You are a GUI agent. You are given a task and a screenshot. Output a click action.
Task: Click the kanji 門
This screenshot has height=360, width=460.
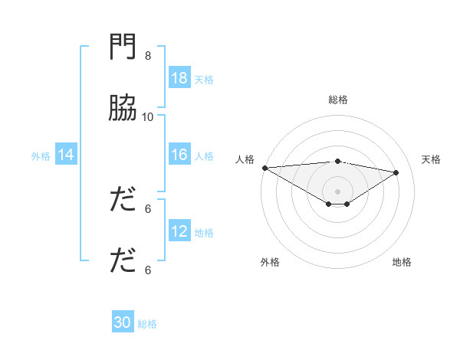point(123,47)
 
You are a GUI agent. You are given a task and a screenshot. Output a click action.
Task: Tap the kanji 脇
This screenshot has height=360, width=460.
point(123,109)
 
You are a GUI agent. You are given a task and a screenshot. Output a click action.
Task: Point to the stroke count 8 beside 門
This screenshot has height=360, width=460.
point(148,56)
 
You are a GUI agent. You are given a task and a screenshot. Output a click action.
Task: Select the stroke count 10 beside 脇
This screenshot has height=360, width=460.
point(148,116)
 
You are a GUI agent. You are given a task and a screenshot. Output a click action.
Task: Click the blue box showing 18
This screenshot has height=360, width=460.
point(179,78)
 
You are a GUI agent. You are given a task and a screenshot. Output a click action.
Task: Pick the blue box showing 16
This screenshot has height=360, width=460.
point(179,155)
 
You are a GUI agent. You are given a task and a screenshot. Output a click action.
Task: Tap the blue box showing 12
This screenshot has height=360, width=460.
point(179,231)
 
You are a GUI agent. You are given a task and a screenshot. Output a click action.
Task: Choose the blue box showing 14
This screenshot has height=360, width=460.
point(66,155)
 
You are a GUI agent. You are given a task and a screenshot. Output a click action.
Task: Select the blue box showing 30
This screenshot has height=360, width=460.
point(123,322)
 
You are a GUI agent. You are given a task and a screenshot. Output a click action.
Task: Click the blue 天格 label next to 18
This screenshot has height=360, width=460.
point(204,79)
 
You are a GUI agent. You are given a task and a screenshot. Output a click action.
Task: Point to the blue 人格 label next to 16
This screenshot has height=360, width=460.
point(204,155)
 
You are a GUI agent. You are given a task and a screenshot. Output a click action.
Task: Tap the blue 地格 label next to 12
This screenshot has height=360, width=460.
point(204,232)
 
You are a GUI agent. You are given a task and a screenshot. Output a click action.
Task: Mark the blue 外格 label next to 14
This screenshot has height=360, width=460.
point(41,155)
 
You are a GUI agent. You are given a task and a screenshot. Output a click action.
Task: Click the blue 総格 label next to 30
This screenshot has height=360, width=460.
point(147,323)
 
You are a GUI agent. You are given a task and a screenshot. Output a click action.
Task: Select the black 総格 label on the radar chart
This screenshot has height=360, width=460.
point(338,100)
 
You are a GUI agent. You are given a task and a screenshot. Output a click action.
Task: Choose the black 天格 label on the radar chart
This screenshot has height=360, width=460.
point(431,159)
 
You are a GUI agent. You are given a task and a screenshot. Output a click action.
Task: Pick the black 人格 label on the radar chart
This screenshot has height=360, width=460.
point(245,159)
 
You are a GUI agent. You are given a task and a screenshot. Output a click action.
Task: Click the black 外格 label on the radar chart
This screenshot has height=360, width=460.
point(270,262)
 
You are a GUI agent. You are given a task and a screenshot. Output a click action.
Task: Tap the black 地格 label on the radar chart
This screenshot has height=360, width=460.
point(402,262)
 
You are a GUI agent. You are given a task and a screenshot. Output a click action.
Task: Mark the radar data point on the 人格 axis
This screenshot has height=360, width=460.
point(264,168)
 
